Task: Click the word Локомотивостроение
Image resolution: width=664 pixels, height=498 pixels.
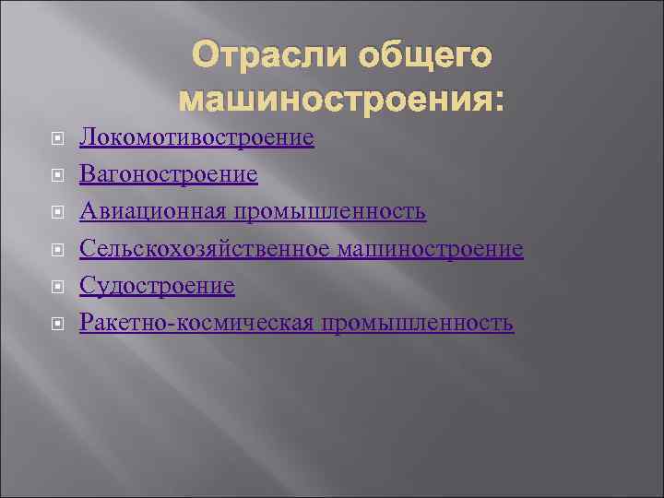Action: pos(196,138)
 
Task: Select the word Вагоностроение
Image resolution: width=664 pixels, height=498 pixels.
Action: pos(169,175)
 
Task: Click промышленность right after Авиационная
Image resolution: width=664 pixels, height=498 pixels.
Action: pos(329,212)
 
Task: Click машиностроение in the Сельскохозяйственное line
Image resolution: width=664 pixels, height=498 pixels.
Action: pos(431,249)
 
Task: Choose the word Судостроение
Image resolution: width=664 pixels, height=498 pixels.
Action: pos(157,287)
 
